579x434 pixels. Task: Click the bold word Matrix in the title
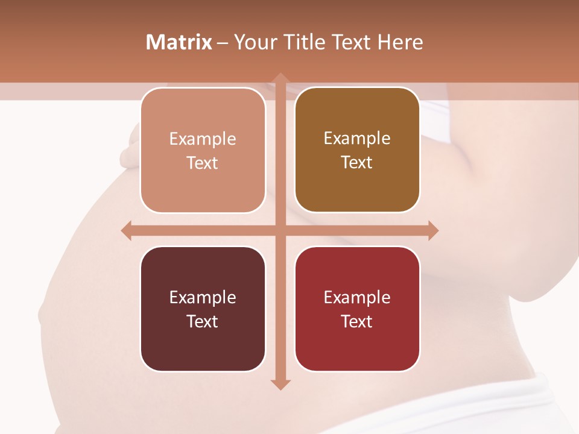179,42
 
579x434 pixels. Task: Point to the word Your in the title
255,42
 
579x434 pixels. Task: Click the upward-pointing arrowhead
280,78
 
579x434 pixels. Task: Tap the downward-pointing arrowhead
280,385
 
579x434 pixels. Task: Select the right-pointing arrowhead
433,231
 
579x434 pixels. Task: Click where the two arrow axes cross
280,231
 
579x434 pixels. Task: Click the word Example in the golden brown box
357,139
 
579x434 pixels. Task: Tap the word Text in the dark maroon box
203,321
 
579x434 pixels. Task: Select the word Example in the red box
357,297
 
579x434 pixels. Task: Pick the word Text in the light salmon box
203,163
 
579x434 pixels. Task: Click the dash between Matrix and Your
223,43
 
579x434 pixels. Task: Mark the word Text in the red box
357,321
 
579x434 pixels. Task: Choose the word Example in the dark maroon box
203,297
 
